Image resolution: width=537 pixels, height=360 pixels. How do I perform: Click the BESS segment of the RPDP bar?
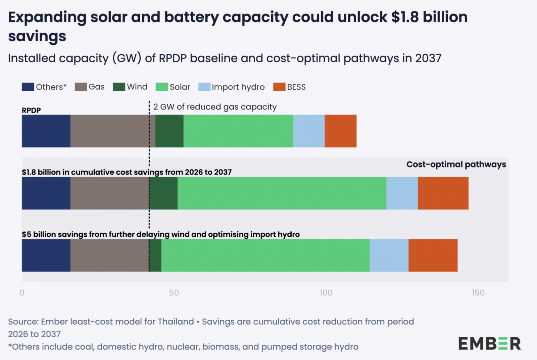coord(340,131)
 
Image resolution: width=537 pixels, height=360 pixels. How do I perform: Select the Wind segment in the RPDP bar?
coord(169,131)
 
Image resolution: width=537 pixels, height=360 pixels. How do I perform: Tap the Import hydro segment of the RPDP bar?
coord(309,131)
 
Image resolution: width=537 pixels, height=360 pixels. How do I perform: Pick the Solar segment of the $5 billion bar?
coord(265,255)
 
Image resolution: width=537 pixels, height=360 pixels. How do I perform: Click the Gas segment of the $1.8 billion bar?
coord(110,193)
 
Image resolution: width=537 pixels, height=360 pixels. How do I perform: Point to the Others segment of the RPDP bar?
coord(46,131)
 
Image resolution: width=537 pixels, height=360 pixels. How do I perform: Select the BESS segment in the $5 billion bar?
coord(433,255)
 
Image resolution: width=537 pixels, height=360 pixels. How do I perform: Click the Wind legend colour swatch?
coord(119,87)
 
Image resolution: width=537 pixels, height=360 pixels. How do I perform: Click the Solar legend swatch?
coord(161,87)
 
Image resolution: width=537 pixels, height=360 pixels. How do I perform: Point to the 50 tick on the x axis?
coord(174,293)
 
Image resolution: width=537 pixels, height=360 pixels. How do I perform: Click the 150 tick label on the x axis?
coord(478,293)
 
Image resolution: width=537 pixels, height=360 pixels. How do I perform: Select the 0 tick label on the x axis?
coord(22,293)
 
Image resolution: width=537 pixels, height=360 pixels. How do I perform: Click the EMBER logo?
coord(489,344)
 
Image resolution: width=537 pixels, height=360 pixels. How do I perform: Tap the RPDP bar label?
coord(31,110)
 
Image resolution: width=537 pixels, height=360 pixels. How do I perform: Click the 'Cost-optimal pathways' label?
coord(456,164)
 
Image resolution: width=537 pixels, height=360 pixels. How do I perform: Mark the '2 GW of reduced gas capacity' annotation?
coord(215,107)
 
